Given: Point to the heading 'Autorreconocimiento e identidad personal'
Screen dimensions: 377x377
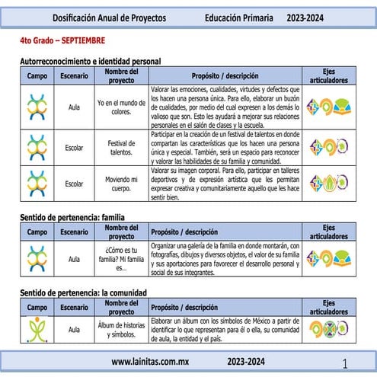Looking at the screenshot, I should tap(90, 60).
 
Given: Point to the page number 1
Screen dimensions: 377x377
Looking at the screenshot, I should tap(346, 363).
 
